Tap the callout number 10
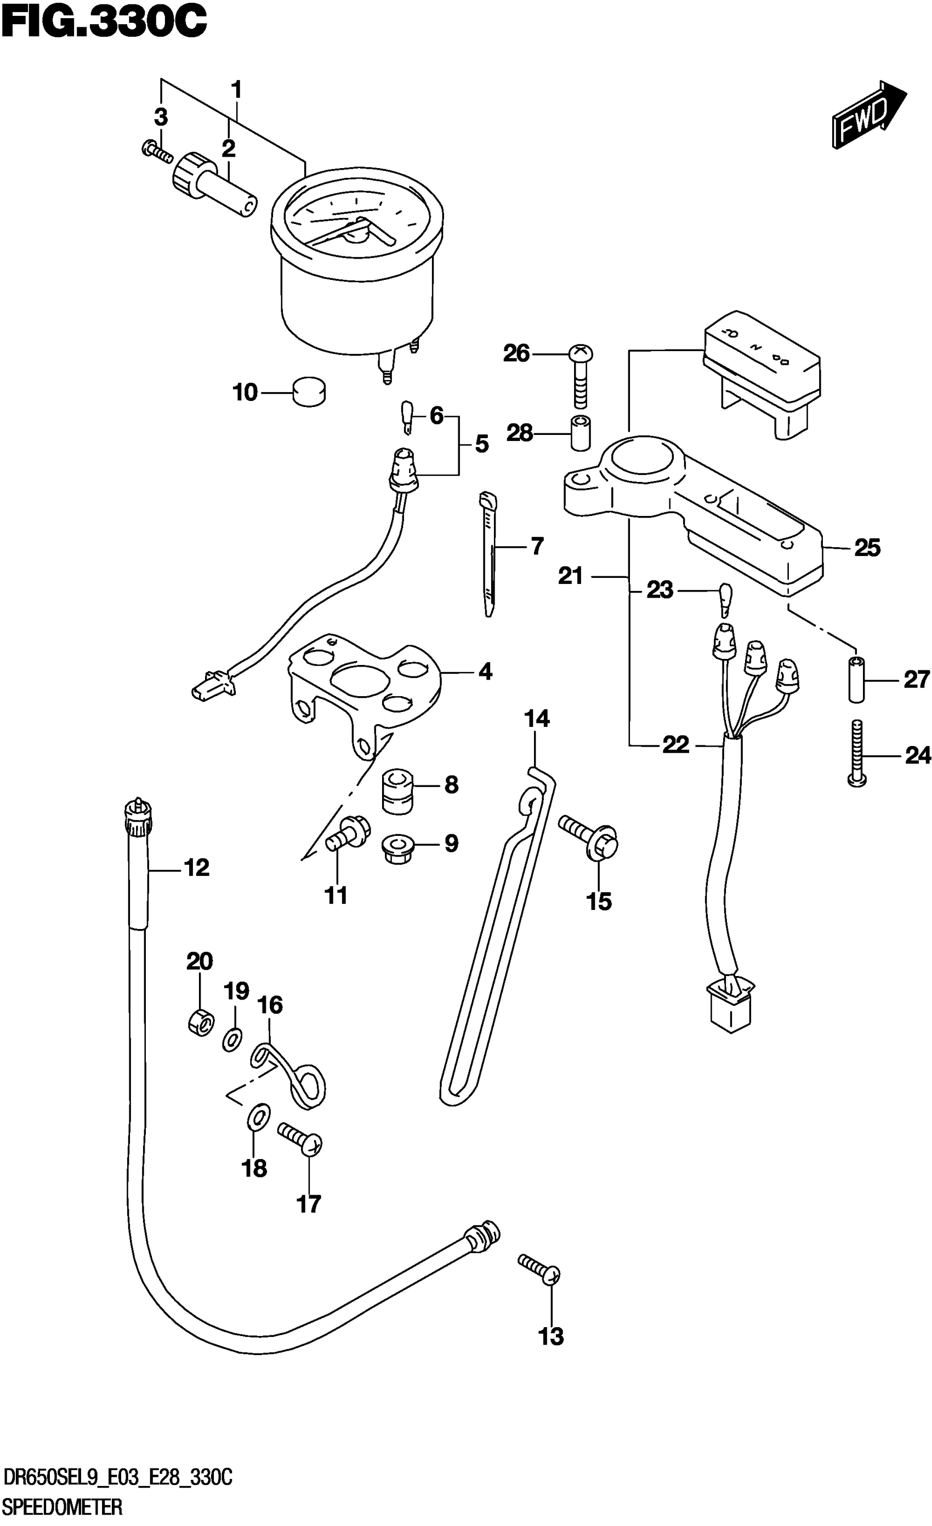pos(245,392)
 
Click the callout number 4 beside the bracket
pos(485,672)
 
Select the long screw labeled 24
pos(856,753)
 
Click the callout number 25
pos(867,548)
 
